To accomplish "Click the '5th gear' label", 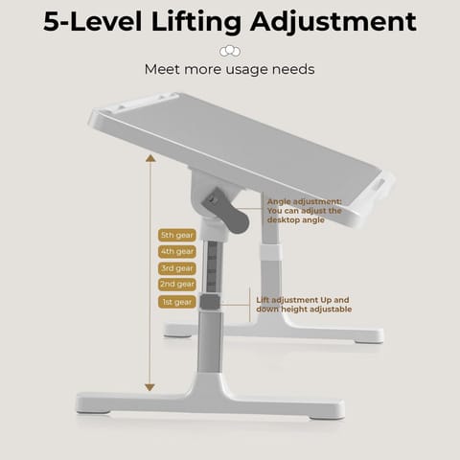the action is click(177, 235).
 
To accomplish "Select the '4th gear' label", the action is click(177, 252).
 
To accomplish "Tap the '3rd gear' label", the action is click(177, 268).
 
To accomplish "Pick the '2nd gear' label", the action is click(177, 285).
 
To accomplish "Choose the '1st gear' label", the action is click(177, 302).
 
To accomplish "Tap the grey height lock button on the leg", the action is click(210, 302).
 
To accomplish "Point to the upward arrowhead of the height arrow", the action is click(150, 158).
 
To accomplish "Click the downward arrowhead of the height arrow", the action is click(149, 387).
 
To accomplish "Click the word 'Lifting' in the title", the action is click(196, 22).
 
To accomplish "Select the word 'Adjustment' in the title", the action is click(333, 22).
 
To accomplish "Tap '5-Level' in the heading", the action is click(93, 22).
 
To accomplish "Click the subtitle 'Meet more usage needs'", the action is click(230, 69).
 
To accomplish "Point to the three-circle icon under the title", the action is click(230, 51).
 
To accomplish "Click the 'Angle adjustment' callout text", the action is click(304, 211).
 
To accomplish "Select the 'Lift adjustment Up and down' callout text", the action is click(304, 305).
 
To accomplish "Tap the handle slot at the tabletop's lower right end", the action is click(379, 184).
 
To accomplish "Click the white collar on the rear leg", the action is click(271, 253).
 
